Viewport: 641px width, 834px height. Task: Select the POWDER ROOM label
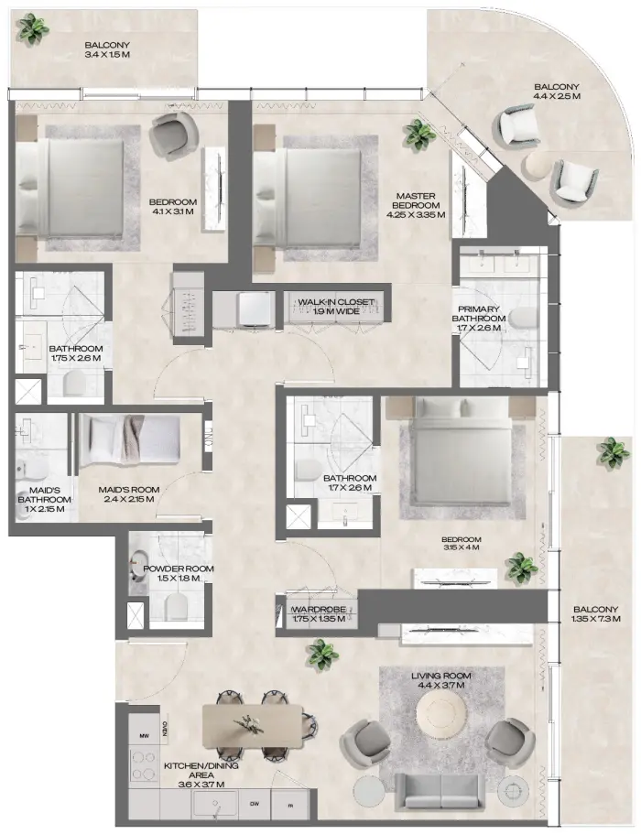click(x=179, y=569)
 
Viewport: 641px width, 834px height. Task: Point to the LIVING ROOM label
click(x=440, y=676)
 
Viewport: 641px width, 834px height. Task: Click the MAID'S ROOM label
click(x=128, y=490)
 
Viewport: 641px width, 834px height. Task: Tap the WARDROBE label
click(x=317, y=610)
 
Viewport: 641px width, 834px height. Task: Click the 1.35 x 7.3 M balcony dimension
click(x=596, y=620)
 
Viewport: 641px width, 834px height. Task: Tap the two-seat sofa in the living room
click(x=440, y=788)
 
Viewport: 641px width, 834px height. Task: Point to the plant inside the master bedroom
click(x=420, y=135)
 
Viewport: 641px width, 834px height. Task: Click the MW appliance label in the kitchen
click(x=143, y=735)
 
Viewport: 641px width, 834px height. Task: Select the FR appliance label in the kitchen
click(x=290, y=807)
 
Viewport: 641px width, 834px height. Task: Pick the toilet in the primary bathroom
click(x=523, y=317)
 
